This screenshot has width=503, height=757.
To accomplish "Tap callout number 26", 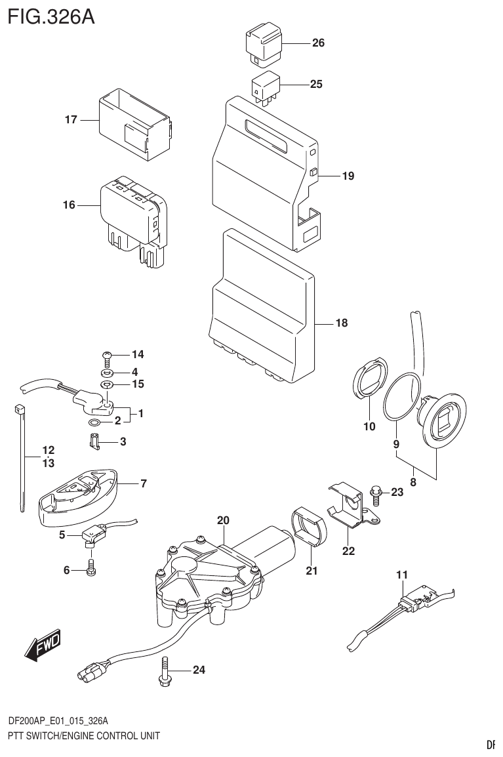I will (x=318, y=44).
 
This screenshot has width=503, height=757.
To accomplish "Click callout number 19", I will (x=348, y=176).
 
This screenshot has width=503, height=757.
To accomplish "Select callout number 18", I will (x=341, y=323).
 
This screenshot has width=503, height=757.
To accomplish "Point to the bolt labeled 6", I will (x=91, y=569).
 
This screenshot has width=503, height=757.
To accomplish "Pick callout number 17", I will (x=71, y=120).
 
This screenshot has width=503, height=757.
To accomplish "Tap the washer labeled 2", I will (x=94, y=420).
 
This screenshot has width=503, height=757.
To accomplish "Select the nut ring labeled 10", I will (x=369, y=381).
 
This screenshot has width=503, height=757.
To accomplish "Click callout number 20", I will (x=223, y=520).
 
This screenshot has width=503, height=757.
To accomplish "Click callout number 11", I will (x=401, y=575).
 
